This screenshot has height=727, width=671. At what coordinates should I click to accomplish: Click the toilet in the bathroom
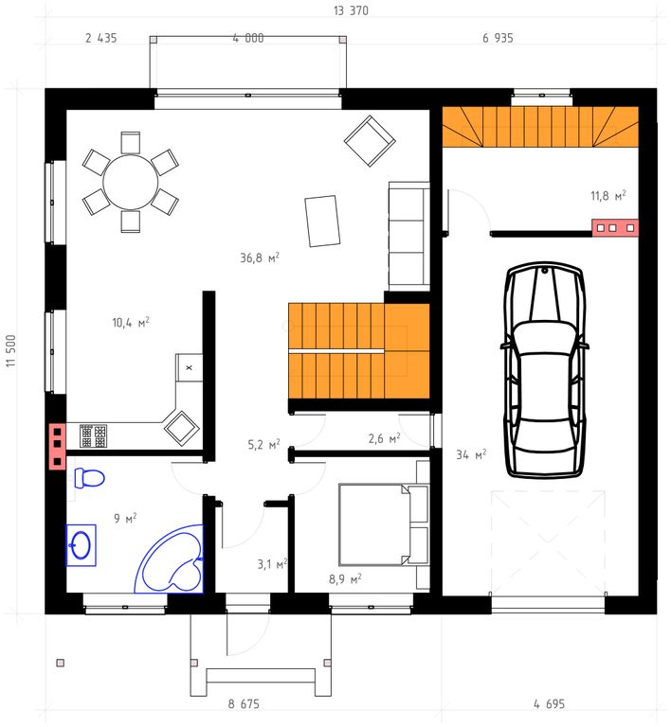(x=89, y=478)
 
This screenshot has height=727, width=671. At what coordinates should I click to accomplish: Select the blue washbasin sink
(x=82, y=545)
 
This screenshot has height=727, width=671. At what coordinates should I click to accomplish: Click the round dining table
(x=131, y=182)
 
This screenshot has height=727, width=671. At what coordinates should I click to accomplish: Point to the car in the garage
(x=545, y=369)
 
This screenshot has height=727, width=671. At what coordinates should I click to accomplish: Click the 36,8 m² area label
(x=260, y=257)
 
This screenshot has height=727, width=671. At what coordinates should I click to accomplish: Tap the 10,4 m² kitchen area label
(x=131, y=322)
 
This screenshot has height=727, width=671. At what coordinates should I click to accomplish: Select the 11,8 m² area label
(x=608, y=196)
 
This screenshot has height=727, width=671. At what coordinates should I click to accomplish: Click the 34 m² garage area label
(x=471, y=454)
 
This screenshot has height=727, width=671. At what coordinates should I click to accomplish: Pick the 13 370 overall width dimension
(x=351, y=10)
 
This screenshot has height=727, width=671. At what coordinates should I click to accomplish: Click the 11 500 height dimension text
(x=10, y=351)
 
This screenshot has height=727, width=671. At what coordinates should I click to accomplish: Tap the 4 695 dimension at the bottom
(x=549, y=704)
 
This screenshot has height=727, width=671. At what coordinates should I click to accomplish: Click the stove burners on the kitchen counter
(x=93, y=435)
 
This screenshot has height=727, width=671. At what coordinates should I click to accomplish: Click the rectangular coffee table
(x=322, y=222)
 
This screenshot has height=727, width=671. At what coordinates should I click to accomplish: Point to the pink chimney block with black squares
(x=57, y=446)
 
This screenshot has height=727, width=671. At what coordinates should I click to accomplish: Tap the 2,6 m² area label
(x=384, y=438)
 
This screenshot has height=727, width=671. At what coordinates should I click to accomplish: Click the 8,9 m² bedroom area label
(x=345, y=578)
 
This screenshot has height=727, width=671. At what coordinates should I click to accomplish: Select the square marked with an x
(x=189, y=367)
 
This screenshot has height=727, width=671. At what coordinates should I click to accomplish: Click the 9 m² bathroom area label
(x=125, y=518)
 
